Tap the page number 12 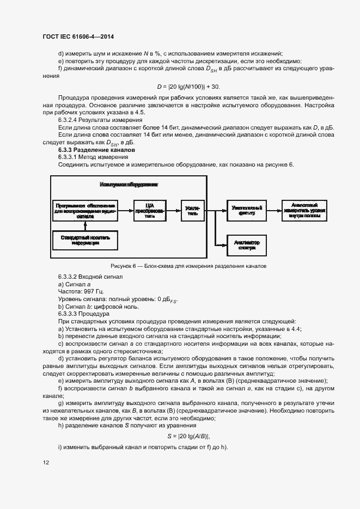coord(46,463)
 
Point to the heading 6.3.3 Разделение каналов coord(96,149)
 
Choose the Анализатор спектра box coord(247,244)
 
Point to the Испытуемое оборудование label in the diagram coord(129,185)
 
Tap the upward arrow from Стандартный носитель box coord(86,226)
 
